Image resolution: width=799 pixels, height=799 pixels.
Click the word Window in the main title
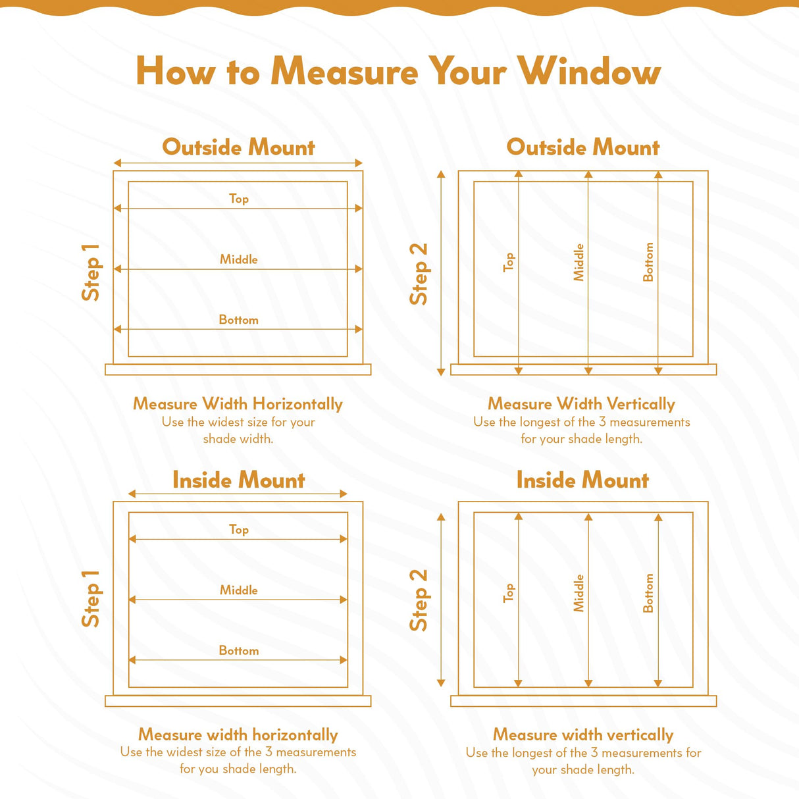588,71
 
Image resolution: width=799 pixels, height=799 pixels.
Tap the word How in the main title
175,71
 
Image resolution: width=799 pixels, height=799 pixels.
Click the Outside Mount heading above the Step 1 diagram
238,147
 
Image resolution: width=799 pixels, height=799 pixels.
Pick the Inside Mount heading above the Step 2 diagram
582,480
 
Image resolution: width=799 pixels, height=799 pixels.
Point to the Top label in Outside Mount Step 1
238,198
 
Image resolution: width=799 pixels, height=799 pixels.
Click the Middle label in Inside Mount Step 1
238,590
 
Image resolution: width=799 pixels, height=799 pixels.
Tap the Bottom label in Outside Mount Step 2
648,262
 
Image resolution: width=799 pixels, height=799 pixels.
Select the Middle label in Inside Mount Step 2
579,593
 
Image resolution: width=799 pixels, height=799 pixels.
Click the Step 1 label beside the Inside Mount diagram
90,598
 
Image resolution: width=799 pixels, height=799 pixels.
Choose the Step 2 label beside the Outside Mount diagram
419,273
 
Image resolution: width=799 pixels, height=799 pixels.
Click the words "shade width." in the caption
238,439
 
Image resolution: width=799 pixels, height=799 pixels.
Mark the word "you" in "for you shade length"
209,769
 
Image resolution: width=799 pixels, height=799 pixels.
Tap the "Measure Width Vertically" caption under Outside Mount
581,403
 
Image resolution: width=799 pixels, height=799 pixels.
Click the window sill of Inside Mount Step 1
238,701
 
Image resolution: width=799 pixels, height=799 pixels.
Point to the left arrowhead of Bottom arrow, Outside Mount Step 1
118,329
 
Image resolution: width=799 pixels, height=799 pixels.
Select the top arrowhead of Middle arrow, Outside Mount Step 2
588,174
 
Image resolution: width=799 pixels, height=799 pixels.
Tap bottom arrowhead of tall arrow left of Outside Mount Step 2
441,372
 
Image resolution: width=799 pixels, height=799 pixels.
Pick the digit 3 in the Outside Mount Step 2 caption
602,422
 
